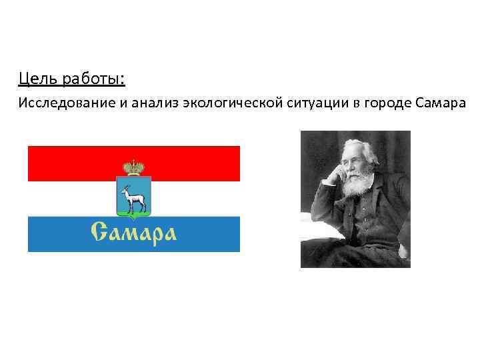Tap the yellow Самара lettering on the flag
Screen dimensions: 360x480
click(133, 233)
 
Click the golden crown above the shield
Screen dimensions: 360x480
click(134, 167)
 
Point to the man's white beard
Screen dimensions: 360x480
click(357, 180)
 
